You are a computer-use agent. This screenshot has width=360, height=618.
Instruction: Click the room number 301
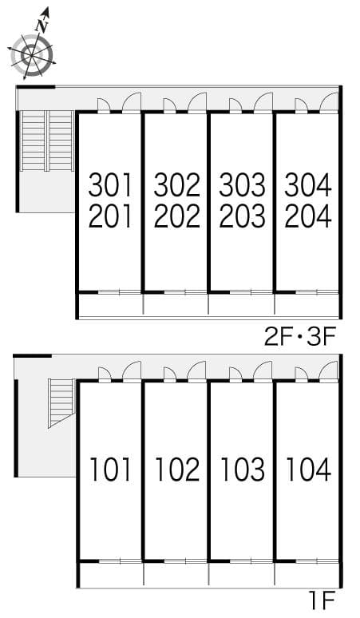pos(110,185)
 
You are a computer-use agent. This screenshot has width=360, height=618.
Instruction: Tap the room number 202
pos(177,216)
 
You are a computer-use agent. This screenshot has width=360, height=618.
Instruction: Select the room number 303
pos(242,185)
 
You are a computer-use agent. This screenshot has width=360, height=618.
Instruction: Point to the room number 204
pos(308,216)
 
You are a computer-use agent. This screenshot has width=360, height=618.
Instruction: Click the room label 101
pos(110,469)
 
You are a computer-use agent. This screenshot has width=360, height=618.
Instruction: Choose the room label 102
pos(177,469)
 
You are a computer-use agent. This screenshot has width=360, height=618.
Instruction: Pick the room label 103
pos(243,469)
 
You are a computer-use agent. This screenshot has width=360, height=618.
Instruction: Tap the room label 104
pos(308,469)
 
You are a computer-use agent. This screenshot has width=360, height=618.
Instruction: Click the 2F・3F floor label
pos(300,338)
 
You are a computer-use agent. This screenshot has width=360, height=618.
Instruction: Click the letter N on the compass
pos(42,26)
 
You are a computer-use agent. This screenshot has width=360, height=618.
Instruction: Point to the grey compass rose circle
pos(31,56)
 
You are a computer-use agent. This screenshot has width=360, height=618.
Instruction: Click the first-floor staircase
pos(61,402)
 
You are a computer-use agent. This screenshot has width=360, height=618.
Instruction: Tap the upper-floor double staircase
pos(47,141)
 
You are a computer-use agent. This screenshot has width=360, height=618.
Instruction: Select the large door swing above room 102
pos(197,371)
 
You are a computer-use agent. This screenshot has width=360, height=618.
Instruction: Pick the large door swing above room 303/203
pos(263,102)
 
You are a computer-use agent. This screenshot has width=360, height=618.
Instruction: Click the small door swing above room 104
pos(301,374)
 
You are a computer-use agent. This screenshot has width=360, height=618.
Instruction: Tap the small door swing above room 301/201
pos(104,105)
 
